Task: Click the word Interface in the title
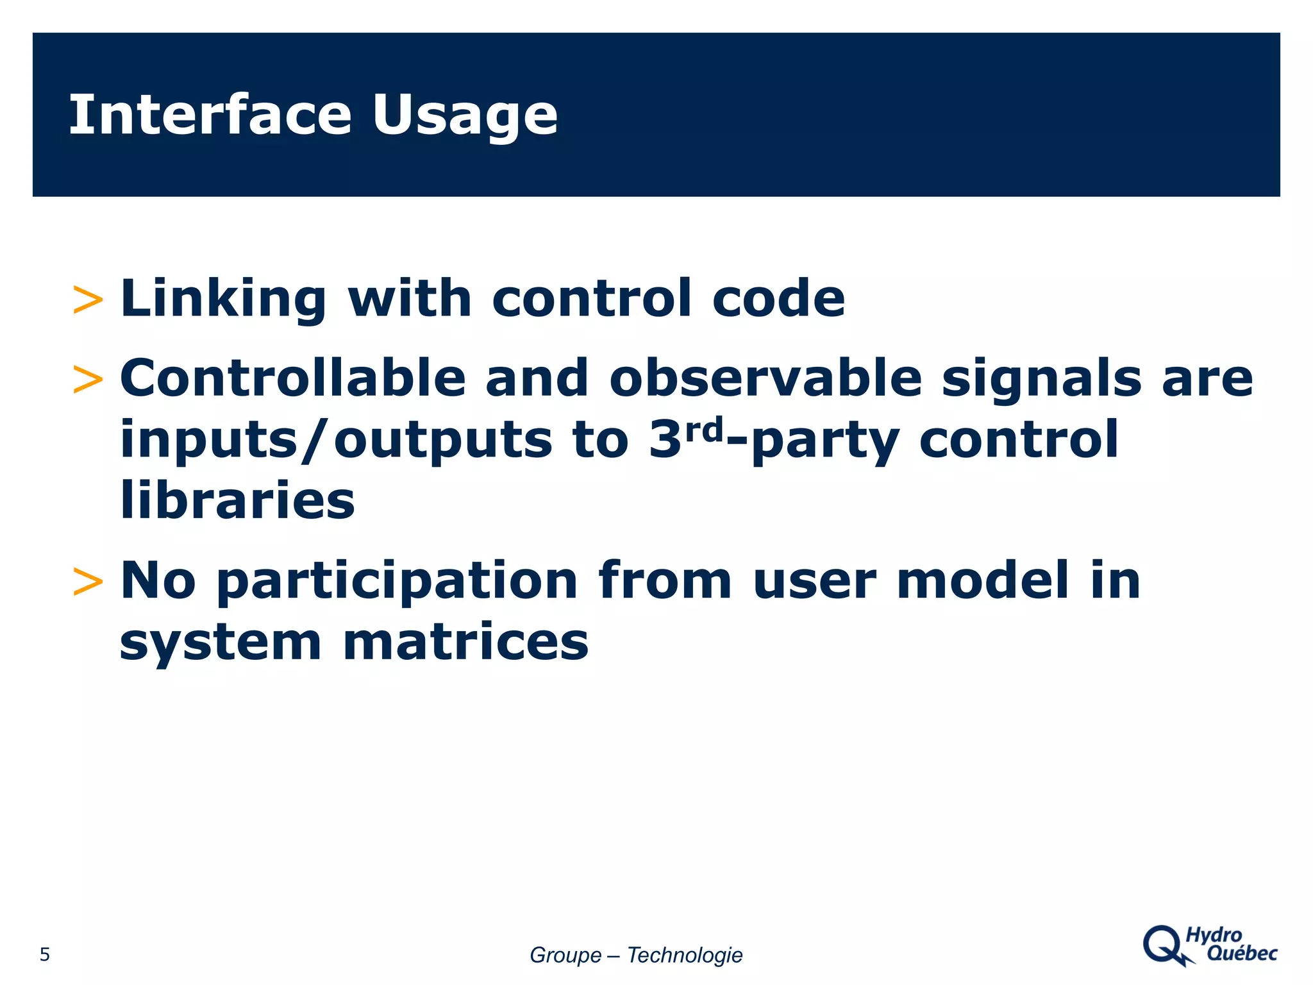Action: point(210,115)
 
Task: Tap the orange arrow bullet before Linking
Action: point(88,300)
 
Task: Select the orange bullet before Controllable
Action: point(88,379)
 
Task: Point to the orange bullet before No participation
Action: point(88,582)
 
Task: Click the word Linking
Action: point(223,299)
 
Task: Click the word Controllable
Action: point(292,378)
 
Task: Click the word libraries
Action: point(237,500)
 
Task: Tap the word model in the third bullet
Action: point(982,580)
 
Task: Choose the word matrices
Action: point(465,642)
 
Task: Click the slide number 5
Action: point(44,955)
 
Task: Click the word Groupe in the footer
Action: point(565,956)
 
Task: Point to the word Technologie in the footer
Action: point(684,955)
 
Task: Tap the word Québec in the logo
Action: point(1242,954)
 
